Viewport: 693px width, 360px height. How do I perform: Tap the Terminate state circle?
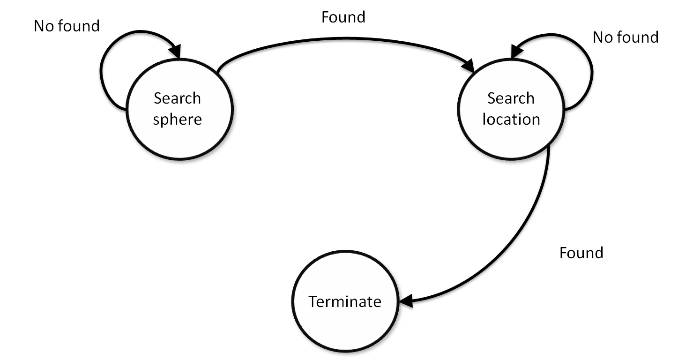coord(345,323)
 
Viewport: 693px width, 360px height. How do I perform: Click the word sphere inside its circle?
coord(178,120)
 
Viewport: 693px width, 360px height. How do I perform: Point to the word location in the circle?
coord(511,120)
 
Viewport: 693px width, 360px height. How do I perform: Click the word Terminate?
coord(345,301)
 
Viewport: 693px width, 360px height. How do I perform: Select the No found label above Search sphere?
coord(67,26)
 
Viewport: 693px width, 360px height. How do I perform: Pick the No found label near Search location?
coord(626,37)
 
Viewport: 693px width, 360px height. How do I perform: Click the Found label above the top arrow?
coord(343,17)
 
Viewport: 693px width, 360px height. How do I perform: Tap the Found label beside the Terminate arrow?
coord(581,253)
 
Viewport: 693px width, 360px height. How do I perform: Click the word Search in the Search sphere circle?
coord(178,98)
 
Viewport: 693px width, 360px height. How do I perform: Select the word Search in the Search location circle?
coord(511,98)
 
